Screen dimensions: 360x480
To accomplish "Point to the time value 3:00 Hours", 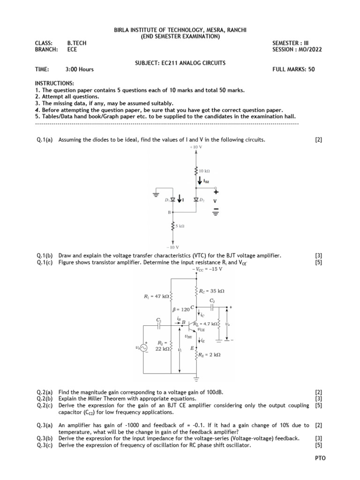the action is coord(80,69).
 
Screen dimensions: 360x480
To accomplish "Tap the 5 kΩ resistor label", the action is coord(180,225).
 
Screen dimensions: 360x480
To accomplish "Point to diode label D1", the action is coord(167,200).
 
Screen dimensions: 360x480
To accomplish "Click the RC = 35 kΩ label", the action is coord(212,291).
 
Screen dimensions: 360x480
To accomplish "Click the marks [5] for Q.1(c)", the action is coord(319,262).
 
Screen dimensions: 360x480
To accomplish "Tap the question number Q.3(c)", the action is coord(45,445).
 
